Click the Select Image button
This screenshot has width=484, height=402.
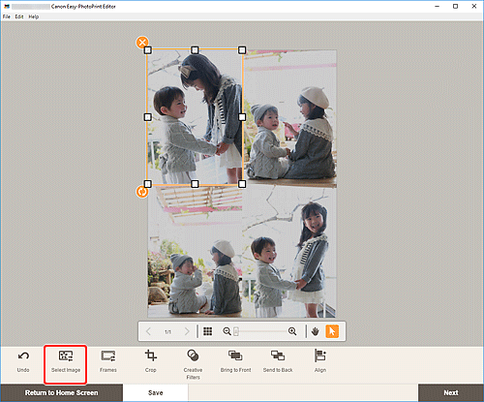(66, 362)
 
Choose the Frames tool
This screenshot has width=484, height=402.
(108, 362)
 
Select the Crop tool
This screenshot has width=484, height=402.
(150, 362)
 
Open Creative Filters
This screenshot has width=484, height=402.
(193, 362)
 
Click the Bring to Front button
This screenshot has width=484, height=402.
(235, 362)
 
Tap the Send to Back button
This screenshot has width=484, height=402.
(278, 362)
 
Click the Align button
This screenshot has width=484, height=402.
(319, 362)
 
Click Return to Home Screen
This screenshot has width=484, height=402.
(62, 393)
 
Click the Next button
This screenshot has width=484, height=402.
(450, 393)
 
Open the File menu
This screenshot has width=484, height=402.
(6, 17)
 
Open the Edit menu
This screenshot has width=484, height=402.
(18, 17)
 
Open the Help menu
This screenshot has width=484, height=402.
(34, 17)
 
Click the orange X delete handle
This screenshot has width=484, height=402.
(142, 43)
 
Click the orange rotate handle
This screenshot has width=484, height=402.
(142, 192)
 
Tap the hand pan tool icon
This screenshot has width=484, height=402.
(314, 331)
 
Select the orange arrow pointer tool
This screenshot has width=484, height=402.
(330, 331)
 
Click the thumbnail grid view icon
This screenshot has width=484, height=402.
(207, 331)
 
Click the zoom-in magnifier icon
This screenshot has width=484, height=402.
(292, 331)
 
